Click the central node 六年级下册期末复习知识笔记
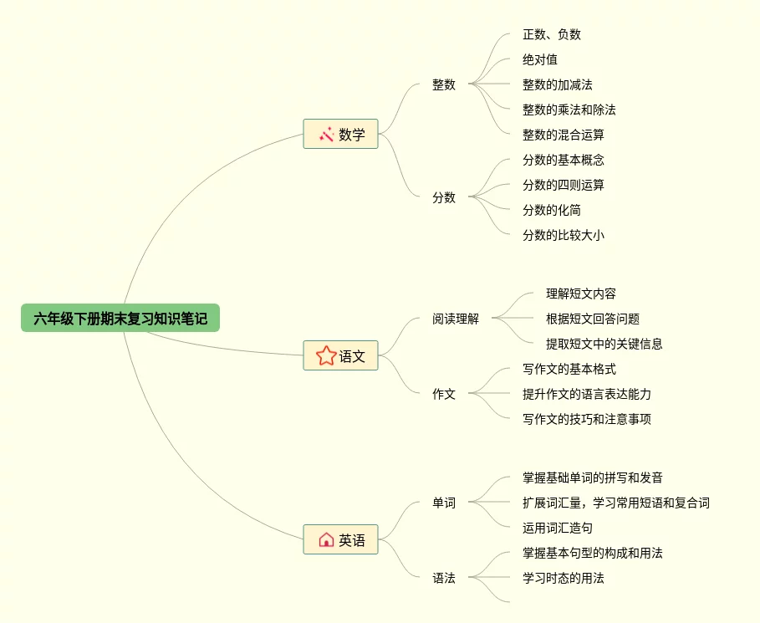(120, 318)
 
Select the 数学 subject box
(340, 134)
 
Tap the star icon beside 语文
(325, 355)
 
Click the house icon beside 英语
(326, 539)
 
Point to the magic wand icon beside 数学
(326, 134)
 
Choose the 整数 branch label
(444, 84)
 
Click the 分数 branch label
(444, 197)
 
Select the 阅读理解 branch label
(456, 319)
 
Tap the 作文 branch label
(444, 394)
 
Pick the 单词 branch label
(444, 503)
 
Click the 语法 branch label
(444, 578)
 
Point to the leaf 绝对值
(540, 59)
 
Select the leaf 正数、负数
(552, 34)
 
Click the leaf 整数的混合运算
(564, 135)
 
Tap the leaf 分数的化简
(552, 210)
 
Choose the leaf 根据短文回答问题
(593, 319)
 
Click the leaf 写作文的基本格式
(569, 369)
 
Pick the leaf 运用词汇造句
(558, 528)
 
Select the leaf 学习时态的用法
(564, 578)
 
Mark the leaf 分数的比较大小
(564, 235)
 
